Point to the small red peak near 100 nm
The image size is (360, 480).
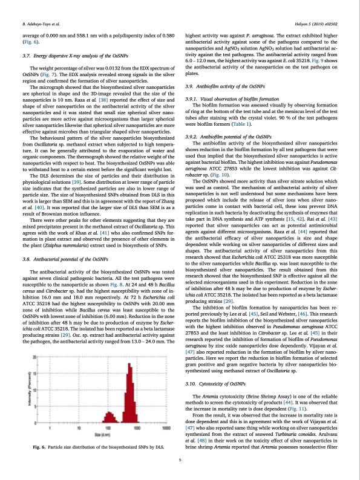(x=111, y=419)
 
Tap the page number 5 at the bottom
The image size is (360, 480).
(x=180, y=460)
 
